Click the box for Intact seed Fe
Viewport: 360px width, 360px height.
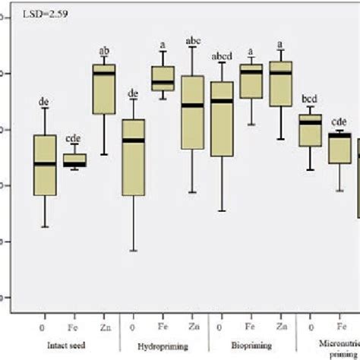[74, 160]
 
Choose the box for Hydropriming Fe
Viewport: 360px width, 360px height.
[163, 78]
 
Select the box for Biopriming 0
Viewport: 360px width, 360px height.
[222, 118]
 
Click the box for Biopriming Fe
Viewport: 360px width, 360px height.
[251, 81]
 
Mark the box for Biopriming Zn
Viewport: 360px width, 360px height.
[281, 84]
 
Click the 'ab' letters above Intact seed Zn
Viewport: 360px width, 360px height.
[104, 52]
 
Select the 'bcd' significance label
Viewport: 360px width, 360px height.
[311, 99]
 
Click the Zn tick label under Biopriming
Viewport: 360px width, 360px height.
[282, 327]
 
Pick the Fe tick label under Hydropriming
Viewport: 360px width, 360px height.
[163, 327]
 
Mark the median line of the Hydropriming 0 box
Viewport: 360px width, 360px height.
[133, 140]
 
